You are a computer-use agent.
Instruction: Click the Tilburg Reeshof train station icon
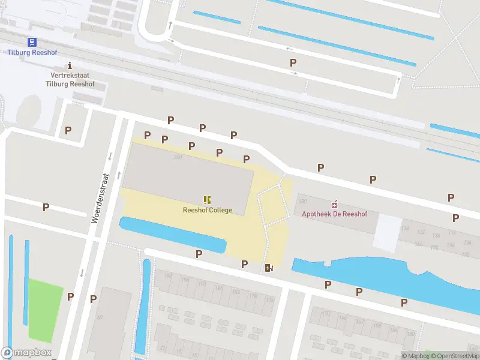point(31,42)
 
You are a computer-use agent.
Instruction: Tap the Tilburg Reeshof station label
point(31,52)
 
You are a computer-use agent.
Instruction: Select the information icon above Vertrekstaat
point(70,65)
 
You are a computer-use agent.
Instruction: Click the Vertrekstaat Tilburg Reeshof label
point(70,80)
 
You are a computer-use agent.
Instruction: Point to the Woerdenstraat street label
point(100,199)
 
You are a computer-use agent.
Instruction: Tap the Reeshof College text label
point(208,210)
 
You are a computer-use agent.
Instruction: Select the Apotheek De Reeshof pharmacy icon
point(335,205)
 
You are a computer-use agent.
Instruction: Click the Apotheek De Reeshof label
point(335,214)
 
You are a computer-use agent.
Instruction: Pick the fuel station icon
point(268,268)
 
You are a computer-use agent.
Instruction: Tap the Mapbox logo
point(26,353)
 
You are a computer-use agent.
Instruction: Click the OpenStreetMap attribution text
point(453,356)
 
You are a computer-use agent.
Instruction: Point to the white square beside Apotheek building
point(388,233)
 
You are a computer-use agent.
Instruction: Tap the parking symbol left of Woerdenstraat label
point(46,208)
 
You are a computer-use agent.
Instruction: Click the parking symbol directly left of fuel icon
point(245,264)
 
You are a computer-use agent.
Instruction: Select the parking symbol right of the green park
point(70,296)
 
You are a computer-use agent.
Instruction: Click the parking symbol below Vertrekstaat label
point(68,130)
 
